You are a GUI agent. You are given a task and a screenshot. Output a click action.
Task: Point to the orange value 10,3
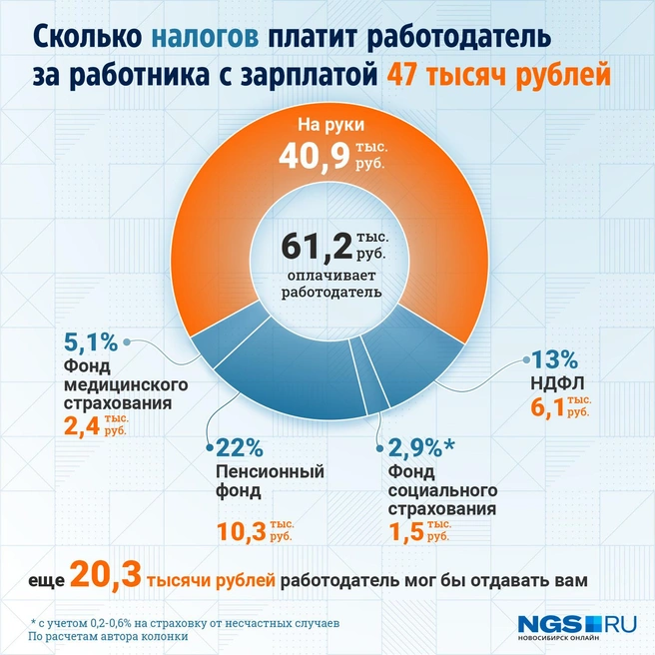(x=240, y=532)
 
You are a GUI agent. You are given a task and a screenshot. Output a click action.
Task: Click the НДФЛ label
(x=551, y=381)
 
